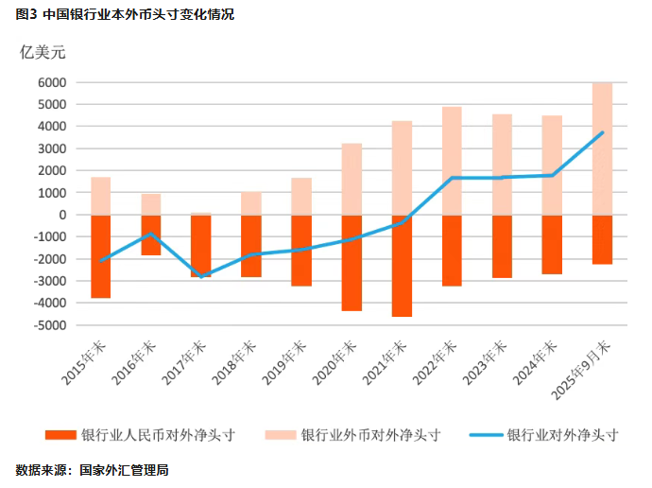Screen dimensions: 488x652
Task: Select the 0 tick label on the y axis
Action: tap(61, 215)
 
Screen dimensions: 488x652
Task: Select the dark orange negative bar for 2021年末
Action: tap(402, 265)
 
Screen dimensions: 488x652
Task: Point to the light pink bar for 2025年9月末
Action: tap(602, 148)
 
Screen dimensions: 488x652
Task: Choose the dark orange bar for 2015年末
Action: tap(101, 256)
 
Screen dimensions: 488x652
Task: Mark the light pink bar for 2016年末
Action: tap(151, 204)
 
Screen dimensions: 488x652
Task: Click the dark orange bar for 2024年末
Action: tap(552, 244)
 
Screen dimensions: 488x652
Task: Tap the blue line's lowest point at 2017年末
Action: tap(201, 276)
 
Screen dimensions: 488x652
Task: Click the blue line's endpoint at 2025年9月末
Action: tap(602, 132)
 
